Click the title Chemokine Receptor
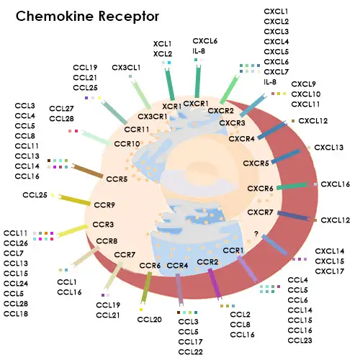click(x=87, y=16)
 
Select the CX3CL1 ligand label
click(x=126, y=68)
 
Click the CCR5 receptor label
click(x=117, y=178)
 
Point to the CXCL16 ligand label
click(x=335, y=184)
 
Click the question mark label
click(x=256, y=233)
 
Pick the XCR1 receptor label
click(x=171, y=107)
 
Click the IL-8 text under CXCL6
click(x=199, y=53)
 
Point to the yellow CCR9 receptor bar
click(x=74, y=199)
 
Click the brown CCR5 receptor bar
click(x=88, y=171)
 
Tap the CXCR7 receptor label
click(x=260, y=212)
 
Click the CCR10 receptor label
click(x=127, y=144)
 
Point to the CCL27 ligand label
click(x=61, y=108)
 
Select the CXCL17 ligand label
click(x=330, y=271)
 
